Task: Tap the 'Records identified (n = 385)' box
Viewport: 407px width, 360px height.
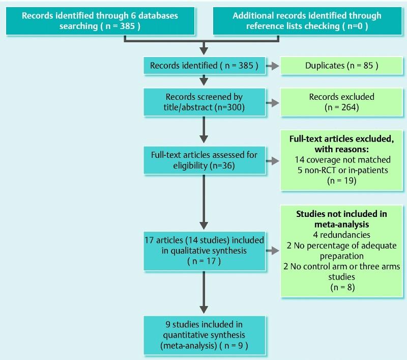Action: pyautogui.click(x=204, y=66)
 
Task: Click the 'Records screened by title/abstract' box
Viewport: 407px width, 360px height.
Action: pyautogui.click(x=204, y=102)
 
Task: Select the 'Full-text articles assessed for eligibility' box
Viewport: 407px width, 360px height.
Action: pyautogui.click(x=204, y=160)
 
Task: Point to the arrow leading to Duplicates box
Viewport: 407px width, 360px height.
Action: pyautogui.click(x=272, y=66)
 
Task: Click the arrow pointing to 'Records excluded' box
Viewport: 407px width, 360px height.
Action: pyautogui.click(x=272, y=102)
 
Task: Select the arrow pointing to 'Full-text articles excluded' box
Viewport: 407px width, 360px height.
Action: pyautogui.click(x=272, y=160)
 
